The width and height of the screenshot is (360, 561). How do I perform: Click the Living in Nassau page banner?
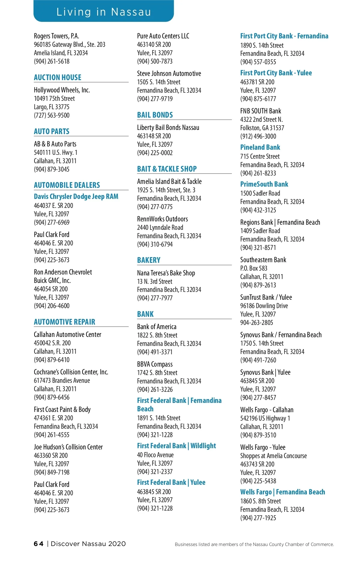click(x=103, y=11)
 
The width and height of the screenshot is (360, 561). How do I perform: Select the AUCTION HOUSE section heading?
click(x=58, y=77)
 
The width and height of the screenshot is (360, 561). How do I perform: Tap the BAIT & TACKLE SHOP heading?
click(x=167, y=169)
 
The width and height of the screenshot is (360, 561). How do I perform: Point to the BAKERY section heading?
click(x=149, y=260)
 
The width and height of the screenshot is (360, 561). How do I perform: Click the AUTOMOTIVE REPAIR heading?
click(x=64, y=322)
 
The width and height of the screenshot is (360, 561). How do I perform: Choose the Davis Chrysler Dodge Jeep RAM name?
click(x=76, y=196)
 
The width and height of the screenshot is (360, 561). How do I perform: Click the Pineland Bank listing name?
click(x=260, y=147)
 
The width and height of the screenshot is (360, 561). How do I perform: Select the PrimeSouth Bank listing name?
click(x=264, y=184)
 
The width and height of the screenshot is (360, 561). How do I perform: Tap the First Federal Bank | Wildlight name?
click(x=176, y=446)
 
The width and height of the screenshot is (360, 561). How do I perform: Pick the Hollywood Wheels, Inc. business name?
click(x=62, y=90)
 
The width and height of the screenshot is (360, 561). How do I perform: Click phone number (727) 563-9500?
click(x=52, y=115)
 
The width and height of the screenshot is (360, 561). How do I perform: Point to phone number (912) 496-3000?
click(x=258, y=136)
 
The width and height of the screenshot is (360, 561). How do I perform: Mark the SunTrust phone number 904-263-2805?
click(x=256, y=322)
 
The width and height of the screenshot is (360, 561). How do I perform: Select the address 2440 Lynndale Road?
click(x=160, y=227)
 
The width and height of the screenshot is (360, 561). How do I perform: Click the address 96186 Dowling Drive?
click(x=264, y=306)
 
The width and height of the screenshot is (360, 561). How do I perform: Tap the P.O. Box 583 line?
click(x=253, y=268)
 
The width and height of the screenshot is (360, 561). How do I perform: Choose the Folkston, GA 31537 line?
click(x=262, y=128)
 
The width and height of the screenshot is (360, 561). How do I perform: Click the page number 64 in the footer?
click(x=38, y=544)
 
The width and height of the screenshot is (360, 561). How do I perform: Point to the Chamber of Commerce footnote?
click(x=254, y=544)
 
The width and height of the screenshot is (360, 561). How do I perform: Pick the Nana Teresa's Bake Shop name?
click(x=166, y=273)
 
